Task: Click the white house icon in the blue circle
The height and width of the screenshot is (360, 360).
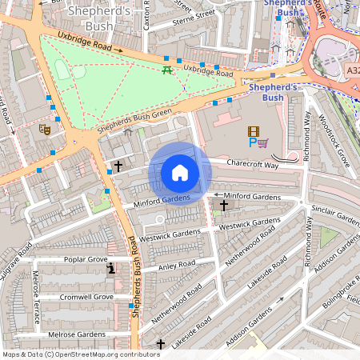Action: coord(180,173)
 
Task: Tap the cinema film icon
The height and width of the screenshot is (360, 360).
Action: coord(254,131)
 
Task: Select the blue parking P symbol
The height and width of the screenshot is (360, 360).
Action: coord(253,144)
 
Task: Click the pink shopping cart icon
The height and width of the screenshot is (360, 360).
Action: coord(263,144)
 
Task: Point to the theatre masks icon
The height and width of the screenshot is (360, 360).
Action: coord(46,127)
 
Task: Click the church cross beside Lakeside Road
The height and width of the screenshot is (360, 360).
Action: coord(161,344)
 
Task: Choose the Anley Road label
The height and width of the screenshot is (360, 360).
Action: coord(177,265)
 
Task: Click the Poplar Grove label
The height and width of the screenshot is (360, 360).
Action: coord(86,259)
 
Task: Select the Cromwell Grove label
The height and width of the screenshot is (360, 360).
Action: coord(86,297)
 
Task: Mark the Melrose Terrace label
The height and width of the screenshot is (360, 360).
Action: coord(37,296)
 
